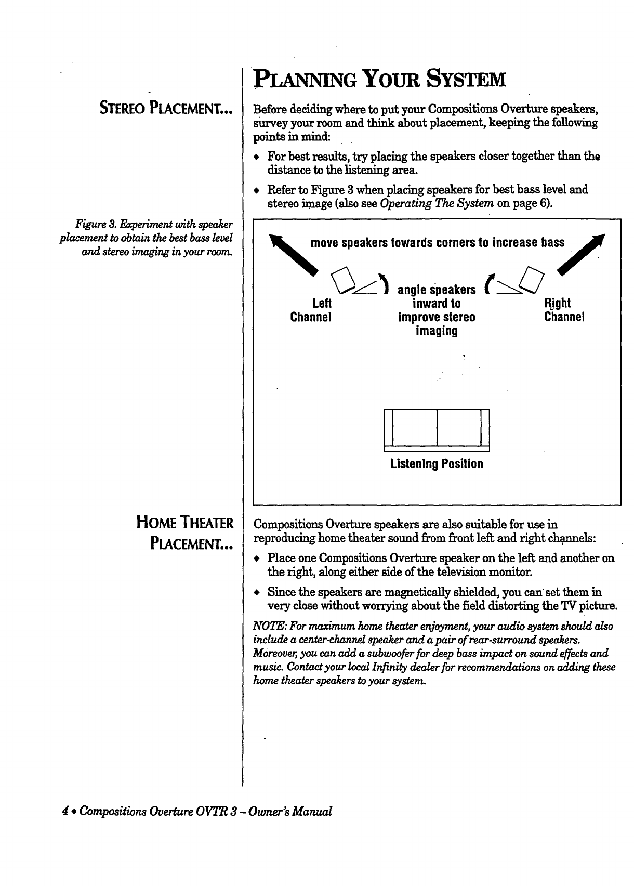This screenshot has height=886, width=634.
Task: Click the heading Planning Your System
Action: click(x=379, y=80)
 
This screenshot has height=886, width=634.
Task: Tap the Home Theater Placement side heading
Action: click(x=184, y=533)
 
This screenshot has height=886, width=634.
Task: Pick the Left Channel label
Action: click(x=311, y=310)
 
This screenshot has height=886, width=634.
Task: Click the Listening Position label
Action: click(x=437, y=463)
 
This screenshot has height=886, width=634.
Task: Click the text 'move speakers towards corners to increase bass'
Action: click(x=437, y=242)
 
